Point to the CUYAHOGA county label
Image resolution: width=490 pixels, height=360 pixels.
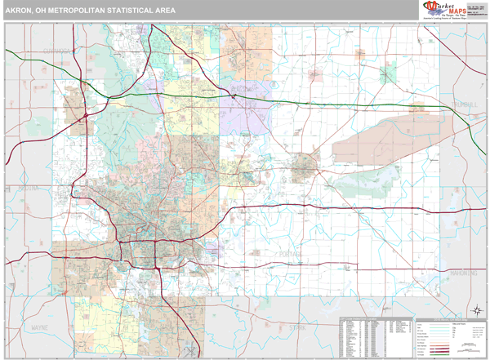click(57, 51)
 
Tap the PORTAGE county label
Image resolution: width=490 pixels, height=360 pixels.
click(288, 255)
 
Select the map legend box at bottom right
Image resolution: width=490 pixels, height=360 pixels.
click(450, 336)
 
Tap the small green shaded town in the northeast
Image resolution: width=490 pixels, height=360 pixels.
click(388, 75)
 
